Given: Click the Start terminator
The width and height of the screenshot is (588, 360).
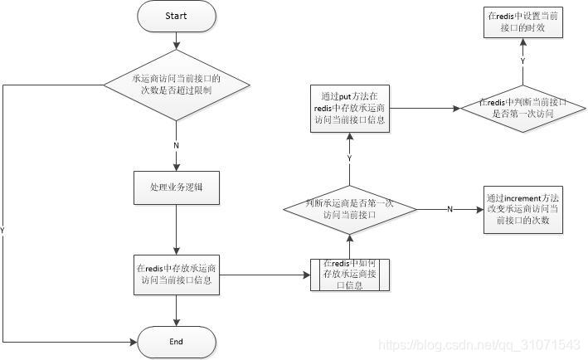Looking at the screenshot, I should (x=176, y=16).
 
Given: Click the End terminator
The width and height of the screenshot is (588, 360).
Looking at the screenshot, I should (x=176, y=341).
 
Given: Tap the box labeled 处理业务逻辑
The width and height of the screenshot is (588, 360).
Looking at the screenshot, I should (x=176, y=188).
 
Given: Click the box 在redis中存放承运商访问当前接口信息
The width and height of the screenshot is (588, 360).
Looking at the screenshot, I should (x=176, y=273).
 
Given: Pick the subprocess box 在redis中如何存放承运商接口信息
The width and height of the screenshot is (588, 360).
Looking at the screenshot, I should (x=350, y=274).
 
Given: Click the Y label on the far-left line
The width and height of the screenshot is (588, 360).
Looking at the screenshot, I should (x=4, y=230).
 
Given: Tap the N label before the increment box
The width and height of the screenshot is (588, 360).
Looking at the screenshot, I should (x=450, y=209).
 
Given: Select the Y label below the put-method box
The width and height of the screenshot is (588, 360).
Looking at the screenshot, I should (x=350, y=158).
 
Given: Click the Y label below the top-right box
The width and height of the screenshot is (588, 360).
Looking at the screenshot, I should (x=522, y=61).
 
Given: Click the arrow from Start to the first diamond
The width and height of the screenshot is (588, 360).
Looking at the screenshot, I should (x=176, y=43).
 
